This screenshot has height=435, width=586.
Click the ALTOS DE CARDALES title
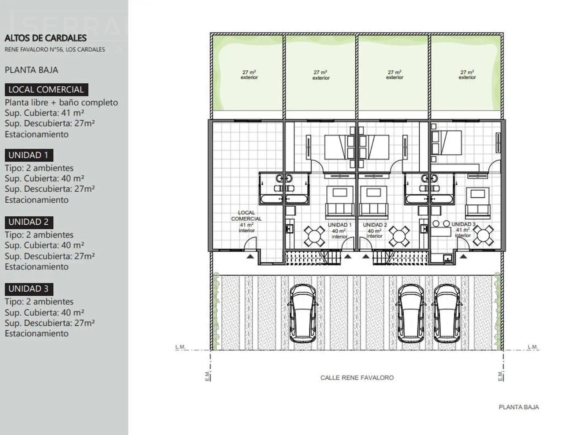tap(45, 38)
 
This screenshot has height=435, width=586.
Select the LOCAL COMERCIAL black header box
tap(47, 90)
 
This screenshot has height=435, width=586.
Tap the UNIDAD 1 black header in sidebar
tap(29, 155)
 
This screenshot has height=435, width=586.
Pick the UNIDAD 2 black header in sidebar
tap(29, 222)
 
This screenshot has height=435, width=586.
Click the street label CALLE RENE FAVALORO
tap(357, 378)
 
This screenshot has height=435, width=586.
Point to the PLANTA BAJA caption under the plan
tap(519, 407)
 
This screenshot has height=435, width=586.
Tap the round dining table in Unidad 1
tap(314, 236)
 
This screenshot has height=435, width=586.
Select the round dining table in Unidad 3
tap(483, 235)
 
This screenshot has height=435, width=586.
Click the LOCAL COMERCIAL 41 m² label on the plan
tap(246, 221)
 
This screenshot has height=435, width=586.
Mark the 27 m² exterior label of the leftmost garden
tap(249, 75)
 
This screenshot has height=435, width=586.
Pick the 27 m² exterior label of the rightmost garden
tap(467, 75)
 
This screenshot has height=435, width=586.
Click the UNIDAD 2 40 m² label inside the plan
tap(375, 230)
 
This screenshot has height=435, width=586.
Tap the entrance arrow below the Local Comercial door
tap(250, 256)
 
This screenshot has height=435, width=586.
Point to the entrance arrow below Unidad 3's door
tap(463, 256)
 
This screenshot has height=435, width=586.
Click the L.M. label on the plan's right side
tap(533, 346)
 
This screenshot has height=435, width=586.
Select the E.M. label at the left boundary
tap(208, 376)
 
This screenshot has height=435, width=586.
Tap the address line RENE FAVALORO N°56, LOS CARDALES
tap(55, 49)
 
